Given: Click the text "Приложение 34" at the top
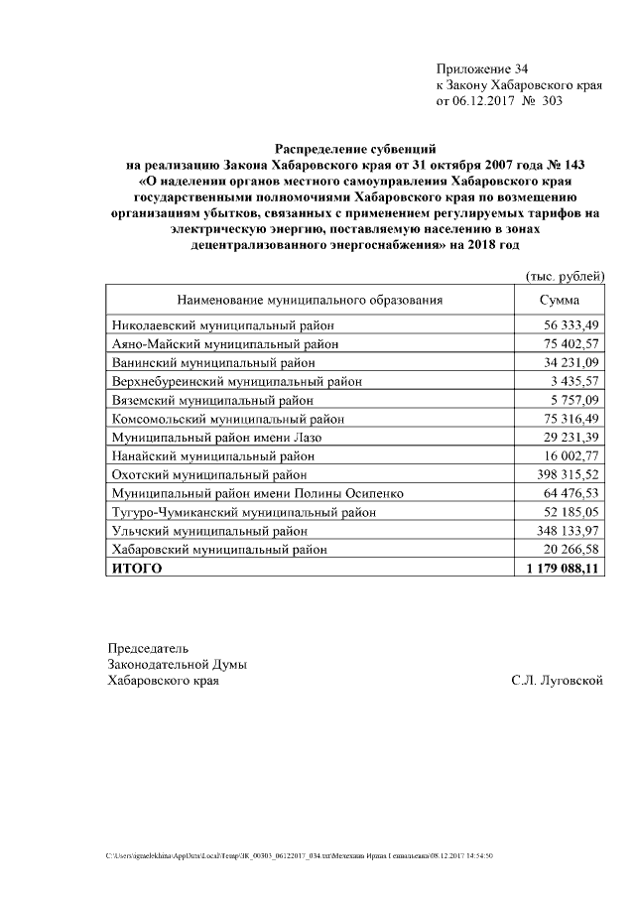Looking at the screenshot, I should (482, 68).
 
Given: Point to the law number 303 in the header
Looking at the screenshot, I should (551, 101).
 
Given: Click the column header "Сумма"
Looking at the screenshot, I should (560, 300).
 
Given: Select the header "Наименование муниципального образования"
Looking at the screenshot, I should (310, 300).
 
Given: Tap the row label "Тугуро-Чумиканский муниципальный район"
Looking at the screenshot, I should (244, 513).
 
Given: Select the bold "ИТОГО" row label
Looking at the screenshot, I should (136, 570).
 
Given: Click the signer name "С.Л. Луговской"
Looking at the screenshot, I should (557, 681).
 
